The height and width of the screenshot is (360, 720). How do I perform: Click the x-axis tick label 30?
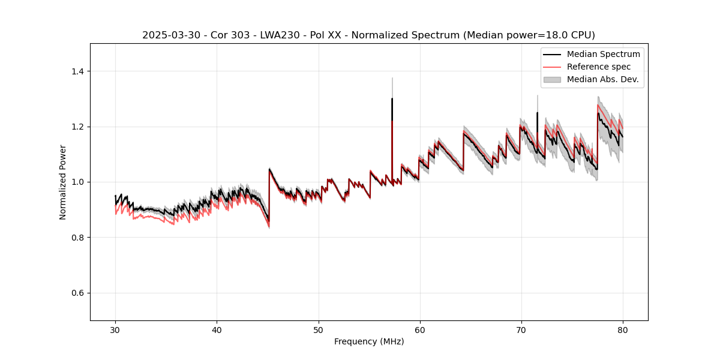(115, 329)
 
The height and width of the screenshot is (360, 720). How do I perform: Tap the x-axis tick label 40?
(217, 329)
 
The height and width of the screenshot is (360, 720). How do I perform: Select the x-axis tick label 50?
(319, 329)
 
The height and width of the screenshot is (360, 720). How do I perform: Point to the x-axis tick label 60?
(420, 329)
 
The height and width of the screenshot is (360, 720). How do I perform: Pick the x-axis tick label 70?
(521, 329)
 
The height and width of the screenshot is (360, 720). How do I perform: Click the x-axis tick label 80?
(623, 329)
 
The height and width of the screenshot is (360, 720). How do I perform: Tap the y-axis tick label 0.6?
(77, 293)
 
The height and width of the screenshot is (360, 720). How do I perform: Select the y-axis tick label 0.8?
(77, 238)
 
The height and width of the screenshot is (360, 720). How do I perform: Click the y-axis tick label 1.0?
(77, 182)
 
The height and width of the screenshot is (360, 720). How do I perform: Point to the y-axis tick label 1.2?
(77, 127)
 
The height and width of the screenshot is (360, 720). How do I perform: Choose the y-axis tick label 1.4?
(77, 71)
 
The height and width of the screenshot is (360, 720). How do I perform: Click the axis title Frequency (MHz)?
(369, 341)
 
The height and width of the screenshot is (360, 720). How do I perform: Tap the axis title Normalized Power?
(63, 182)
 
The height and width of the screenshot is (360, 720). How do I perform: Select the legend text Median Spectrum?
(603, 54)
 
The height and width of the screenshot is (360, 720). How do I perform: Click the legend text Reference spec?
(599, 67)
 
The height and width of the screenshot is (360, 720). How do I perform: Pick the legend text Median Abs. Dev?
(602, 79)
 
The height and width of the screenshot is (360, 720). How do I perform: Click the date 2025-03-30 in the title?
(169, 35)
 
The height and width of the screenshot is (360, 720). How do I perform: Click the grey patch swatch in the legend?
(552, 79)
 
